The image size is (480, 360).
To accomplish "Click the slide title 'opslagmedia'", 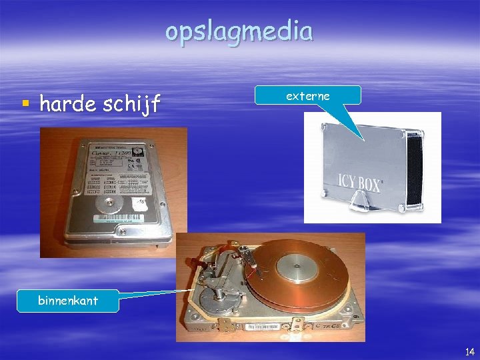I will coord(239,31).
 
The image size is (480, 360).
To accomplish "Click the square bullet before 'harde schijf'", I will coord(25,103).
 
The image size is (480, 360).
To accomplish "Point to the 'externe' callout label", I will coord(307,95).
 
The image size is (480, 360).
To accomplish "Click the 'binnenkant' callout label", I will coord(68,301).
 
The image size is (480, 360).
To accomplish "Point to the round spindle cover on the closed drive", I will coord(108,205).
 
